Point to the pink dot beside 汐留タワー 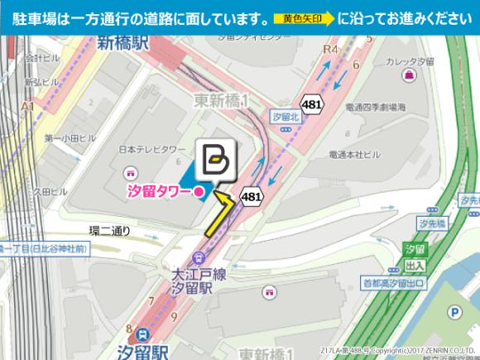pos(199,193)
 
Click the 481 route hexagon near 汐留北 pos(311,104)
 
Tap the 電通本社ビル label pos(354,154)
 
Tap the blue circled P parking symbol pos(454,312)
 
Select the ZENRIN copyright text pos(399,350)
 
